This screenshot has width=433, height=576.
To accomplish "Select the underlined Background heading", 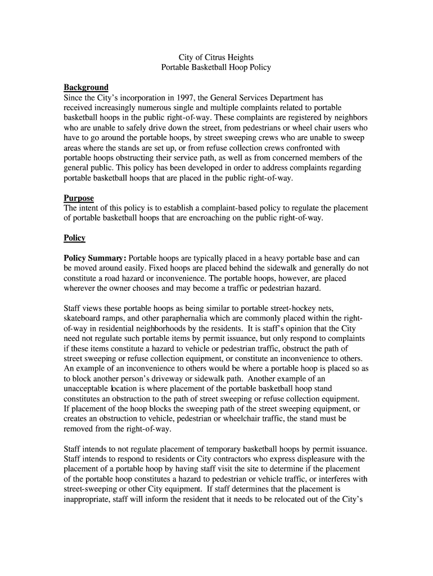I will click(86, 88).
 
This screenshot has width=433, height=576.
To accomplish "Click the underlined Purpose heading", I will click(79, 199).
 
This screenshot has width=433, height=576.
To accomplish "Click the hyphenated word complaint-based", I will click(233, 208).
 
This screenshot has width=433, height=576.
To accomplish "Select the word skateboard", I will click(83, 318).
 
